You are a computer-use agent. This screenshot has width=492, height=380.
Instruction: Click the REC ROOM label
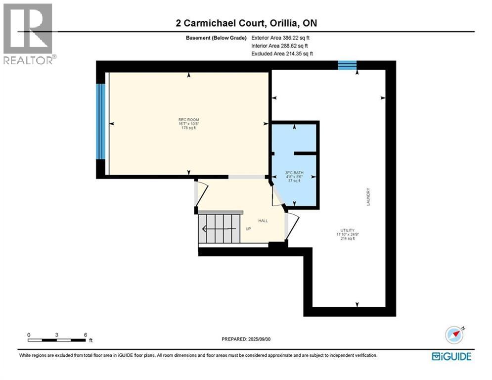188,120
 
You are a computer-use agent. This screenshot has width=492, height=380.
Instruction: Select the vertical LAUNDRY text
369,197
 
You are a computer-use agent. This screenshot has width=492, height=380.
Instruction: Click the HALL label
263,221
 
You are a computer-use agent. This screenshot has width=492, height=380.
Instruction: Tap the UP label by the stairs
249,229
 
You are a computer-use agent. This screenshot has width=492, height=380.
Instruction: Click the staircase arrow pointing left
204,229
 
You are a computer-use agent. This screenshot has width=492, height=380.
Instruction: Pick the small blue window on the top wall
347,64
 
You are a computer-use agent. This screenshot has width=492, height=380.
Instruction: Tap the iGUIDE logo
451,356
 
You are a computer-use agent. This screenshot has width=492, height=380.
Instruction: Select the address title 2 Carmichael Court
246,23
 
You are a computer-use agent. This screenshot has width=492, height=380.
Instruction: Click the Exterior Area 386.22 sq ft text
281,37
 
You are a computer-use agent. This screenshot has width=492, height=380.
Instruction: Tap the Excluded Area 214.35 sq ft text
282,53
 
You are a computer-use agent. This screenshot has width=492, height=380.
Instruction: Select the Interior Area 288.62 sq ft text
281,46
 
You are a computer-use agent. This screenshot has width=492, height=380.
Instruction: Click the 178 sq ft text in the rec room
188,128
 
